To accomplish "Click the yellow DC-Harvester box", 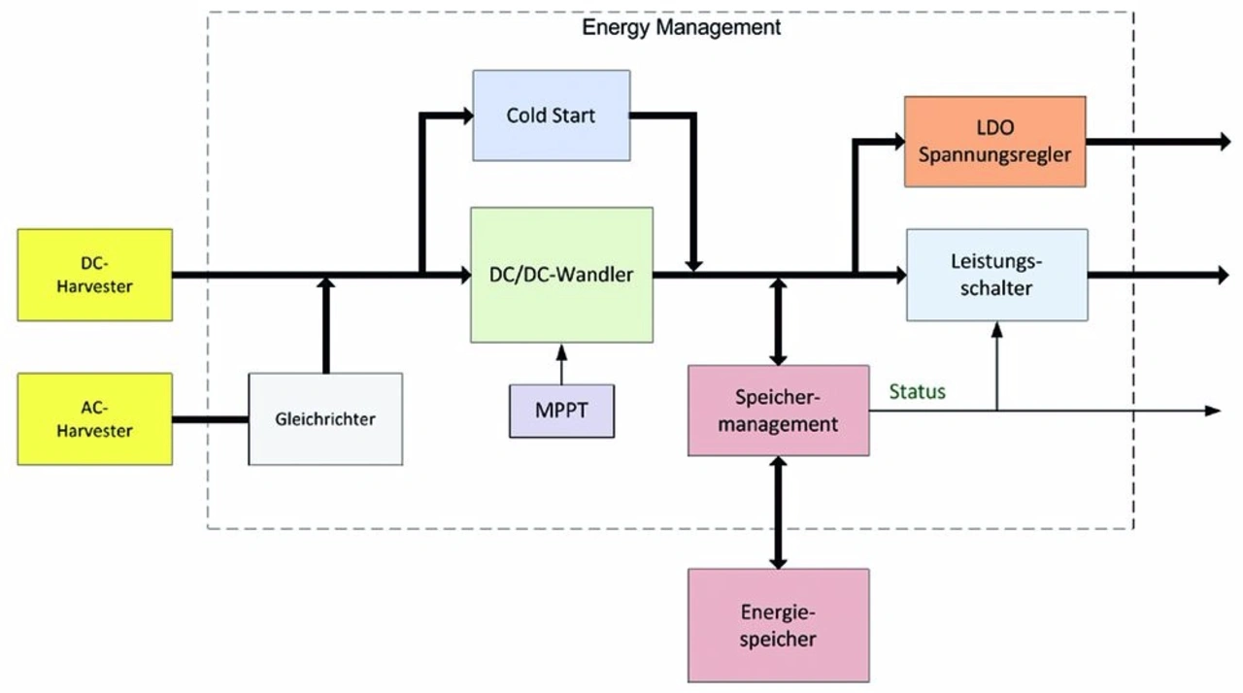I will coord(95,275).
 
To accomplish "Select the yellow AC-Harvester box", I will coord(95,418).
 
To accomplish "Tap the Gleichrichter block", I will coord(325,419).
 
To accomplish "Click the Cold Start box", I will coord(551,115).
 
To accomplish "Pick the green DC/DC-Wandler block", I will coord(561,275).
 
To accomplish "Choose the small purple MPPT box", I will coord(561,410).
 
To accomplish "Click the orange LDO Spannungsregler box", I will coord(994,142).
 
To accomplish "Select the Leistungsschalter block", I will coord(996,275).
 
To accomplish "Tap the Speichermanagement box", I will coord(778,411).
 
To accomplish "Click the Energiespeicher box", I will coord(778,625).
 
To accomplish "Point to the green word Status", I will coord(918,392).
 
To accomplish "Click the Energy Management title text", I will coord(681,27).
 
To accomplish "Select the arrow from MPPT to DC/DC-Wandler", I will coord(560,364).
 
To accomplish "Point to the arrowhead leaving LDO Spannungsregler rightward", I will coord(1223,143).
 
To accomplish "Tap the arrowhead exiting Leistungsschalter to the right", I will coord(1223,276).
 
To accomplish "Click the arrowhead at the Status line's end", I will coord(1212,411).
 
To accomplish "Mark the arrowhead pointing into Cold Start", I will coord(466,116).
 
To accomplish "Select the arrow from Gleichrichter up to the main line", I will coord(325,325).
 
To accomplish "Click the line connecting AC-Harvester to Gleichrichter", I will coord(210,419).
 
